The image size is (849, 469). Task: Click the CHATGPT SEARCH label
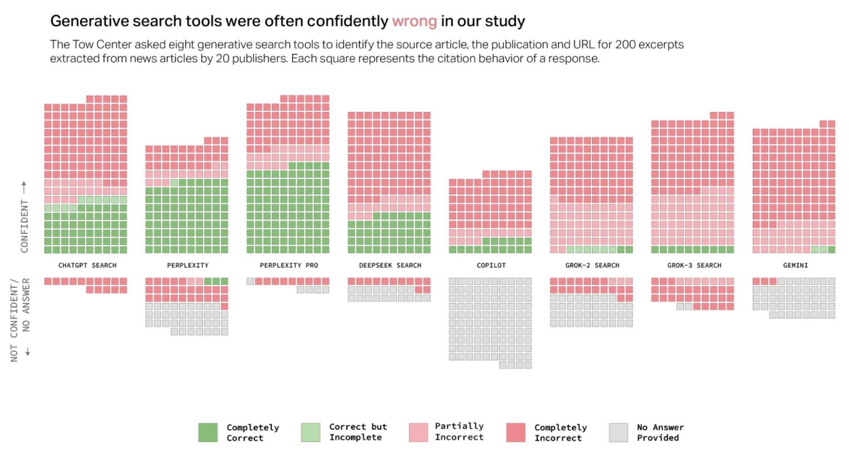click(87, 266)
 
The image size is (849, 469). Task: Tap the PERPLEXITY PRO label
click(289, 266)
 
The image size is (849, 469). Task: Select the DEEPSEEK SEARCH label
click(390, 266)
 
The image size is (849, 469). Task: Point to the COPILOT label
click(491, 266)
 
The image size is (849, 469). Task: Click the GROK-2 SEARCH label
click(592, 266)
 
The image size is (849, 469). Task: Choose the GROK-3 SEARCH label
click(694, 266)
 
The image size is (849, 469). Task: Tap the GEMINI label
click(795, 266)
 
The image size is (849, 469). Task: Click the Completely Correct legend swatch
click(208, 433)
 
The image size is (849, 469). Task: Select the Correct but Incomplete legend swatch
click(310, 433)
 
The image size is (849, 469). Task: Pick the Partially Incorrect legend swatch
click(418, 433)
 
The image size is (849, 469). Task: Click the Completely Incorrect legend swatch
click(516, 433)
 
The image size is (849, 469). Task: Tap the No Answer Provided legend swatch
click(618, 433)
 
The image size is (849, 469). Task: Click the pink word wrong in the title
click(414, 22)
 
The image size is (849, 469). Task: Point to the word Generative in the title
click(88, 22)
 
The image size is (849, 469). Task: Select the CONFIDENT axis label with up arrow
click(24, 217)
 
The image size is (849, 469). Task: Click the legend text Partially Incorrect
click(459, 432)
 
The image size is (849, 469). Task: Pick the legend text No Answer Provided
click(660, 433)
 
